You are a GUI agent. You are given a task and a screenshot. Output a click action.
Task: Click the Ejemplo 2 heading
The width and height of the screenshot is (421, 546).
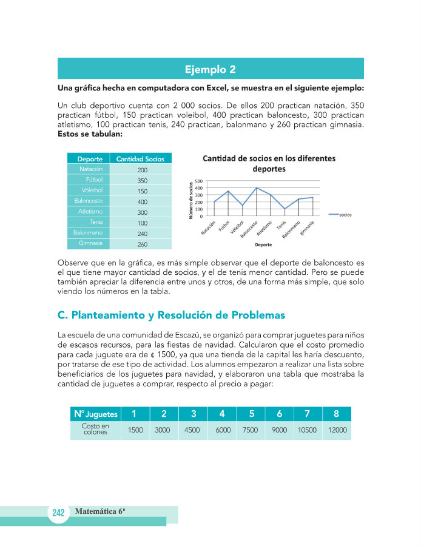click(210, 69)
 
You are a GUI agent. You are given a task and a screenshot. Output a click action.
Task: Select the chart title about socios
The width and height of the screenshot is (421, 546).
click(269, 164)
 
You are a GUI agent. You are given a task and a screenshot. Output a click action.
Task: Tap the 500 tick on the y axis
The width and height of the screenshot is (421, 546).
click(199, 181)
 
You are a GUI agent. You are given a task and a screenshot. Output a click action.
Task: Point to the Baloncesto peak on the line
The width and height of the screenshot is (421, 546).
click(256, 188)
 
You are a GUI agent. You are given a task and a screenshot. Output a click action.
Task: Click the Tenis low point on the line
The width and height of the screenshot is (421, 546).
click(285, 209)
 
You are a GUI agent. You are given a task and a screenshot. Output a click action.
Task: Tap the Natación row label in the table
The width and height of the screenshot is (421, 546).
click(91, 169)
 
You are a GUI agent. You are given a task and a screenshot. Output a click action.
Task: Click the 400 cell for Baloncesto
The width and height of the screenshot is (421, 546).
click(142, 202)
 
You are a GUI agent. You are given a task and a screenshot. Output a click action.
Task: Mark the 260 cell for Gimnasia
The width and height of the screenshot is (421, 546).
click(142, 244)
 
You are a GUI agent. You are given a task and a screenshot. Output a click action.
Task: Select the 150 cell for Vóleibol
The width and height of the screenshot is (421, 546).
click(142, 191)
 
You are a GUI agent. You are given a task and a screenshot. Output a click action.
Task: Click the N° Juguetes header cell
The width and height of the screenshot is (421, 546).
click(95, 414)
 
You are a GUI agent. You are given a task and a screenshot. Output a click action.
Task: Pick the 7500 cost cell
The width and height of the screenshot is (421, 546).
click(250, 430)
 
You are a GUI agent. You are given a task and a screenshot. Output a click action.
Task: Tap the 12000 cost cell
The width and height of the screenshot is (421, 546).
click(337, 430)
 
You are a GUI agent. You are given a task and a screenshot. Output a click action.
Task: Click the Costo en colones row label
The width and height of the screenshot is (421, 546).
click(95, 429)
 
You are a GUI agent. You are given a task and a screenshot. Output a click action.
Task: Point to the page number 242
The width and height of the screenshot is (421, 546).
click(58, 513)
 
